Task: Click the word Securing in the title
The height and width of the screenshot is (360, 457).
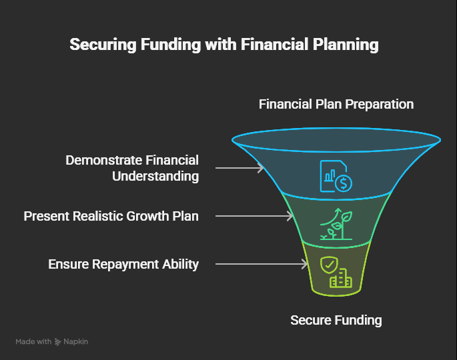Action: [x=103, y=45]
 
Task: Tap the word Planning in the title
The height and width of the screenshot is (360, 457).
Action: [x=346, y=45]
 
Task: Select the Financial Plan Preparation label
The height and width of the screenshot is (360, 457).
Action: [x=336, y=104]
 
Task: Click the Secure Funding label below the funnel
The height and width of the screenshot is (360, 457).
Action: [x=336, y=320]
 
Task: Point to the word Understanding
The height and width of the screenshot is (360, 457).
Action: [x=155, y=176]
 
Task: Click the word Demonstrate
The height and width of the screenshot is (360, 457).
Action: [x=103, y=160]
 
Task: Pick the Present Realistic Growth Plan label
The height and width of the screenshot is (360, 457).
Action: [x=111, y=216]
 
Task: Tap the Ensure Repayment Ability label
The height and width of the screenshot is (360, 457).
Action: [x=123, y=265]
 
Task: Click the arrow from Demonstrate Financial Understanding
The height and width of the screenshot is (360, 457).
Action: [x=240, y=168]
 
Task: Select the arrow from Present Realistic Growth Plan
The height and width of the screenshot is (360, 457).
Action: [x=254, y=216]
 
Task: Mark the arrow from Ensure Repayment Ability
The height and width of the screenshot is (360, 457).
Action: [x=262, y=264]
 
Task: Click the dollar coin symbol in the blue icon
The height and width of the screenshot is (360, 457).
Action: [x=344, y=183]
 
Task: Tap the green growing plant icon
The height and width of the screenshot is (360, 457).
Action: [x=336, y=224]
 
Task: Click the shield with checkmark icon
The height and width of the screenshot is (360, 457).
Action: [x=329, y=265]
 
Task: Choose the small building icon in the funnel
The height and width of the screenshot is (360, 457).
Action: [x=341, y=278]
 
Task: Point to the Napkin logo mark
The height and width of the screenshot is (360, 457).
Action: [x=57, y=342]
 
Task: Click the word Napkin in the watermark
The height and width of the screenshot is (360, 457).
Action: [x=76, y=342]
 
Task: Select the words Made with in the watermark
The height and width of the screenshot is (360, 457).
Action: [x=33, y=341]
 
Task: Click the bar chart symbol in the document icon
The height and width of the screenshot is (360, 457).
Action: [x=330, y=175]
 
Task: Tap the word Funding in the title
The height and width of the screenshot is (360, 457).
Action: [x=171, y=45]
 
